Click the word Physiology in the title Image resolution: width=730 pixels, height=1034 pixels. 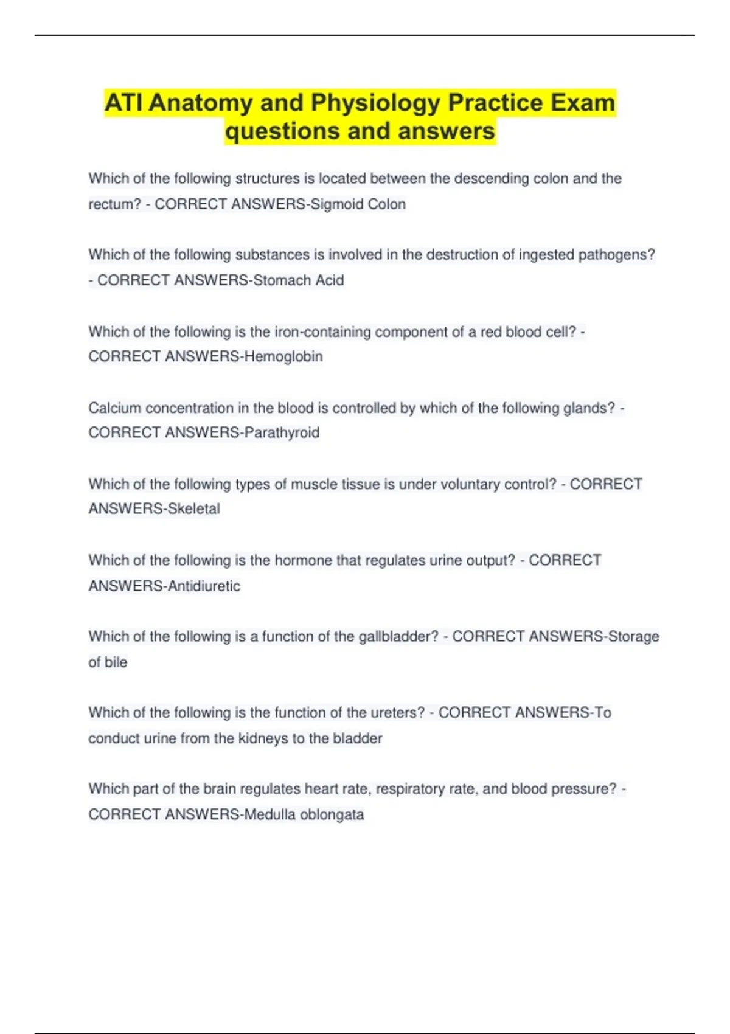point(375,103)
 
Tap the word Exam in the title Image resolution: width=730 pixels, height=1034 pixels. point(583,103)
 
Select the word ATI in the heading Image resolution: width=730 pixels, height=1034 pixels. point(123,103)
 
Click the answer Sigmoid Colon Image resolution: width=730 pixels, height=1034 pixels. point(358,204)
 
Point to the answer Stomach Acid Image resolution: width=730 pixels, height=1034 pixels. point(298,280)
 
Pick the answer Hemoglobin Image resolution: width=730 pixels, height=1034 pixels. point(283,356)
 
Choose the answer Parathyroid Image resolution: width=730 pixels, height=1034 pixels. point(282,432)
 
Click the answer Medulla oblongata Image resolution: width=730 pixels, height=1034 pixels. point(304,814)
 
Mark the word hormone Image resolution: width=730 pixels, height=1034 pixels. point(303,560)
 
